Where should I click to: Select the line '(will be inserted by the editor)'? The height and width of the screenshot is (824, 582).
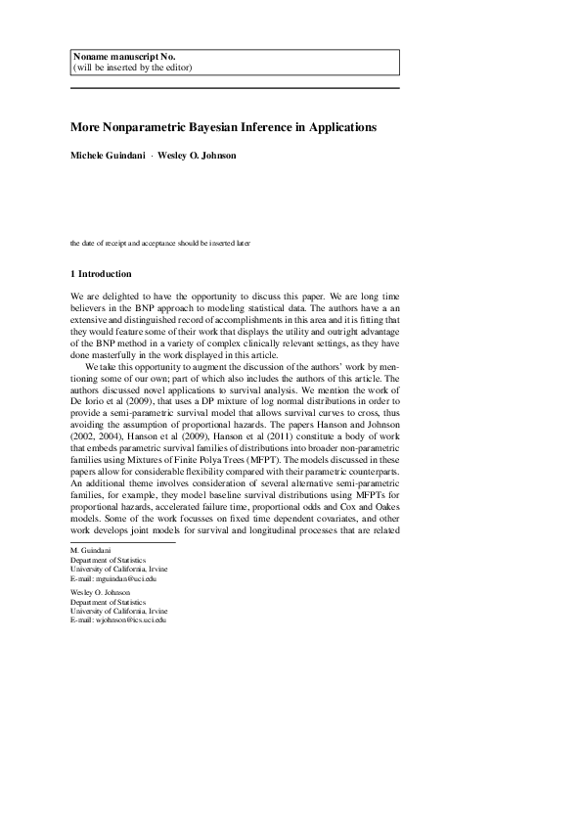[x=132, y=68]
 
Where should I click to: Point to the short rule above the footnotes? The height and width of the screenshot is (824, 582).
[x=122, y=542]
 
